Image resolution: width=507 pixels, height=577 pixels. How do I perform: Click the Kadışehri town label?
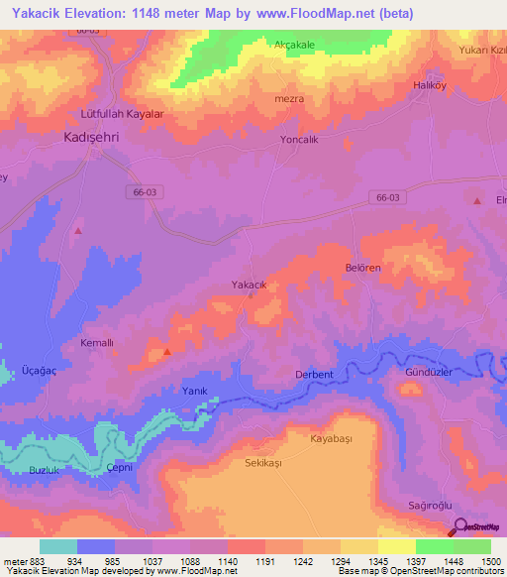pos(98,137)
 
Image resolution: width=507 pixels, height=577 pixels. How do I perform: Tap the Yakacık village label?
pos(250,285)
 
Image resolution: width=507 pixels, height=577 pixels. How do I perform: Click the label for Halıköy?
pos(431,86)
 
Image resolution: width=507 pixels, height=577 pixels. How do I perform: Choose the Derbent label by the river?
pos(314,374)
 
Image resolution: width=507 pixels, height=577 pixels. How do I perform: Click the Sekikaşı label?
pos(263,463)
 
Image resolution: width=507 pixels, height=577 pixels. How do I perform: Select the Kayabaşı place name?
pos(331,437)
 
